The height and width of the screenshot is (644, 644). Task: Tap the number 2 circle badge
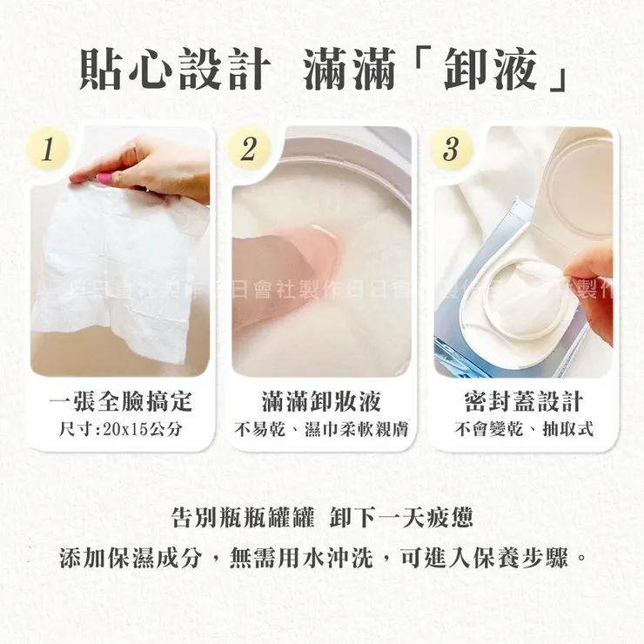click(248, 149)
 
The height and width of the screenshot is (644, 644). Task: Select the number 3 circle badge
click(450, 149)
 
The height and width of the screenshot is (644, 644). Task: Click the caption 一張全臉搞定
click(120, 401)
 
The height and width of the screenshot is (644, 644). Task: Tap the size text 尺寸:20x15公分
click(120, 429)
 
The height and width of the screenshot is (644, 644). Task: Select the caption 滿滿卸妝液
click(321, 401)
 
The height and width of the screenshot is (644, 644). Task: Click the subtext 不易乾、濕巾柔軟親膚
click(321, 429)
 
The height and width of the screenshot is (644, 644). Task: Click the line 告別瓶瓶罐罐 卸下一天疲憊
click(322, 519)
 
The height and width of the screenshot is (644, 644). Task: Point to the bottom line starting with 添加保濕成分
click(322, 558)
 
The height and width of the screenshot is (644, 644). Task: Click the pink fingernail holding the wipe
click(104, 178)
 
